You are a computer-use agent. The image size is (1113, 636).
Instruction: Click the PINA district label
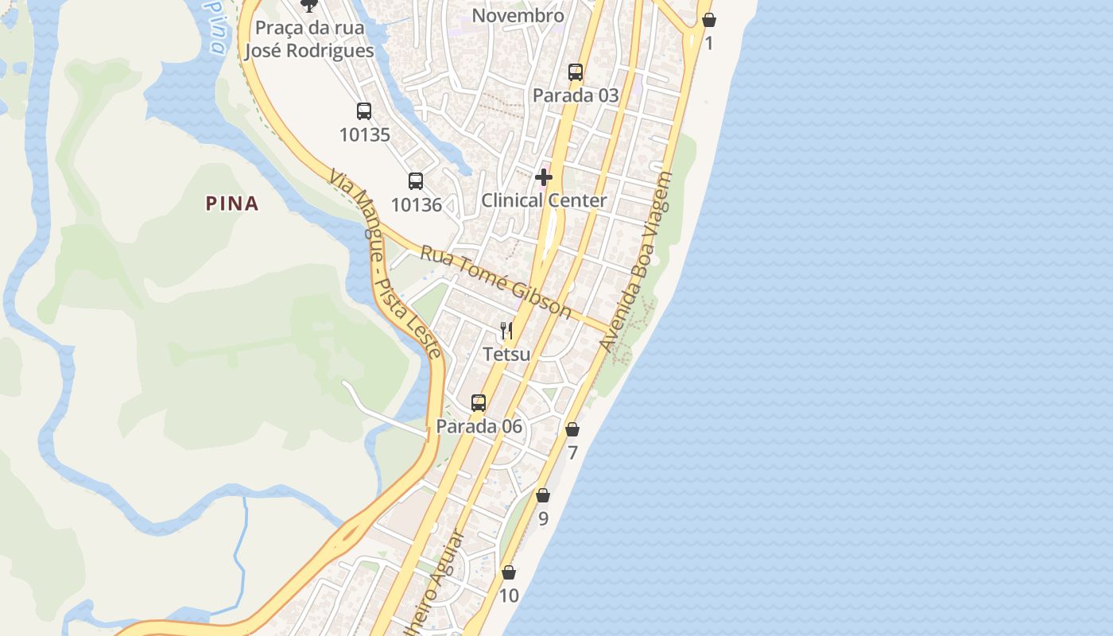232,204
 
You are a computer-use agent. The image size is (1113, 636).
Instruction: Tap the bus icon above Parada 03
576,72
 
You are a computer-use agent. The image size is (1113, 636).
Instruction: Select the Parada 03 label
576,95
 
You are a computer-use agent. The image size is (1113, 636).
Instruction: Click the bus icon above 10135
364,111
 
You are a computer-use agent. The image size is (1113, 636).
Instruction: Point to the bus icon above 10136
416,180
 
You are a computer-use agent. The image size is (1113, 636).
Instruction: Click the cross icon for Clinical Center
544,176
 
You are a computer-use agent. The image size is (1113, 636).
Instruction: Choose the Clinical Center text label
544,200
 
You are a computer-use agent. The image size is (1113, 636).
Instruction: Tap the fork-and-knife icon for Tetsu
506,330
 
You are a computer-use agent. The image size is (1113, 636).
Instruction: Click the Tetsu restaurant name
506,354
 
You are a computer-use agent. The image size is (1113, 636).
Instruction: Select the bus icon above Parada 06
478,402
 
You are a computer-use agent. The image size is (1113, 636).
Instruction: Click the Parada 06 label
479,426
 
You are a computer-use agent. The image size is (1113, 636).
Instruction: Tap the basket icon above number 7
572,429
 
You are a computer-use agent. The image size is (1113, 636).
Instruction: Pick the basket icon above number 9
543,495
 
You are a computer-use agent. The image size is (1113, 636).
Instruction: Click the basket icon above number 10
509,572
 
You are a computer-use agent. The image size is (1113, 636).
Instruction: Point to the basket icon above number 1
709,20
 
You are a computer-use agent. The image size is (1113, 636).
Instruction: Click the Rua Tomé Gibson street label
495,281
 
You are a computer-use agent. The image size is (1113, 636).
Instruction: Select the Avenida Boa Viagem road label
636,262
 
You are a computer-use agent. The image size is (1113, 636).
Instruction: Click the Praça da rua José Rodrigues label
309,39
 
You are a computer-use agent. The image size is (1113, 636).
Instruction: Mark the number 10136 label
416,204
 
